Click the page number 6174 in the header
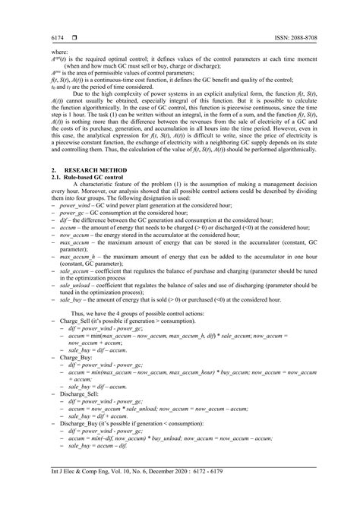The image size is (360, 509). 57,36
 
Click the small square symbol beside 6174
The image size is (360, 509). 74,36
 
